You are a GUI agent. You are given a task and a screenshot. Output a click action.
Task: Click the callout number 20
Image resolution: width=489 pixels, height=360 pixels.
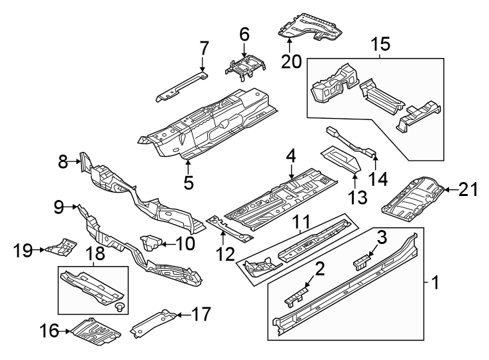290,61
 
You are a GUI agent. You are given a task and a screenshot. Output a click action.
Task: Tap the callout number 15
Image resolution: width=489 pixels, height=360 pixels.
380,45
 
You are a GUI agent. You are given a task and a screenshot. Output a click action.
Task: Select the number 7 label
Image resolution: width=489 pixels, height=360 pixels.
204,48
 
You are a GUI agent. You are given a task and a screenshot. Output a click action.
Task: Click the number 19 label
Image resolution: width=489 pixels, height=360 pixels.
23,251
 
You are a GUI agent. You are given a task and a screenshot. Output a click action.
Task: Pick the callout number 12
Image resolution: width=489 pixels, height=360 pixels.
226,253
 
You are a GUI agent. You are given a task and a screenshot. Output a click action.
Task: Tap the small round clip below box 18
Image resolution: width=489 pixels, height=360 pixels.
119,307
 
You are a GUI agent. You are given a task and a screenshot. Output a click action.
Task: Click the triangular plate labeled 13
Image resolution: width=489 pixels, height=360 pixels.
342,158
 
